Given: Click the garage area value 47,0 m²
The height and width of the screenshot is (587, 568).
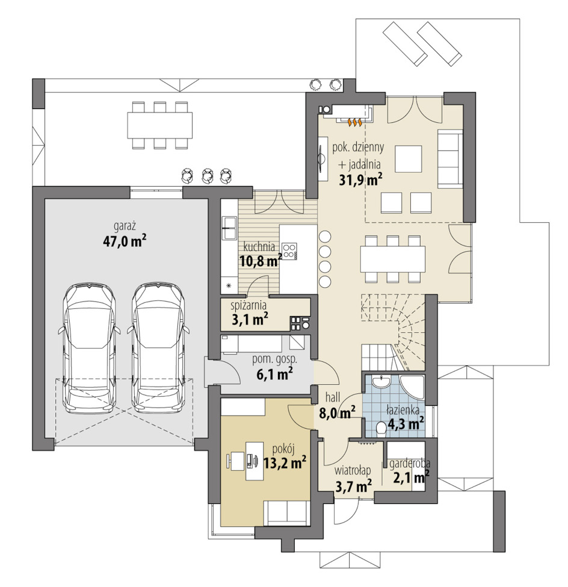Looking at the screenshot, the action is tap(124, 242).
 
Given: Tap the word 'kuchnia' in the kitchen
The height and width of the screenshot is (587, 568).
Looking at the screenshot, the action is tap(259, 247).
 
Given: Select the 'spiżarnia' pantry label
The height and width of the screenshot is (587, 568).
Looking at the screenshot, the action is tap(248, 305).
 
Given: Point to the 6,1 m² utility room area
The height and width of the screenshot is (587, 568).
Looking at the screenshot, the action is tap(274, 374).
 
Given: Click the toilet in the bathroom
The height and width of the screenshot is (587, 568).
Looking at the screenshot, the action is tap(380, 429).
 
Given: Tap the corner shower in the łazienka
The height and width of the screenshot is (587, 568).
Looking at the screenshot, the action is tap(413, 387).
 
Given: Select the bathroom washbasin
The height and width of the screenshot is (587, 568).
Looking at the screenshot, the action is tap(381, 381).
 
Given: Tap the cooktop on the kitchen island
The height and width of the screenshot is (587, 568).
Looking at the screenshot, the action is tap(289, 252).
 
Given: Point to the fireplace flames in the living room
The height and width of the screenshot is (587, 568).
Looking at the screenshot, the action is tap(354, 122).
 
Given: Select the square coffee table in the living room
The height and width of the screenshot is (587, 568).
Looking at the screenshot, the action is tap(407, 159).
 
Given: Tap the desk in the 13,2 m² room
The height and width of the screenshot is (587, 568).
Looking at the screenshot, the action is tap(253, 461).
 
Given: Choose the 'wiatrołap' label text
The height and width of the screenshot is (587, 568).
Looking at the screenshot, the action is tap(353, 470).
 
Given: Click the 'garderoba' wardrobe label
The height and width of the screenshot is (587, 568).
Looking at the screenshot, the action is tap(409, 464).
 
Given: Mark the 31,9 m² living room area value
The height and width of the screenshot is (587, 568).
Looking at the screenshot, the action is tap(360, 180).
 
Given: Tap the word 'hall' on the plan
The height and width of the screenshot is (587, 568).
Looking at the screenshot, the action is tap(333, 397).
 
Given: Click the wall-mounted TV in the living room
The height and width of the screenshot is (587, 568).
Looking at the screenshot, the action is tap(321, 158).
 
